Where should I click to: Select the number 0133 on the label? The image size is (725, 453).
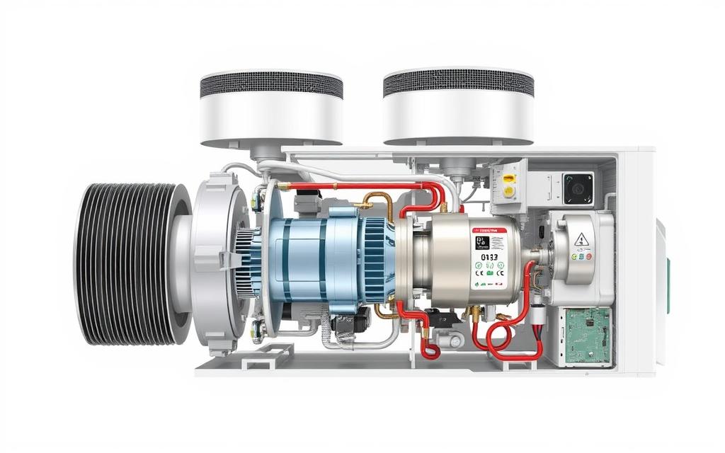click(x=489, y=258)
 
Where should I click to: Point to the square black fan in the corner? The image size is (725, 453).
click(x=578, y=188)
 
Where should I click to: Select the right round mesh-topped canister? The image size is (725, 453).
click(x=458, y=106)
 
